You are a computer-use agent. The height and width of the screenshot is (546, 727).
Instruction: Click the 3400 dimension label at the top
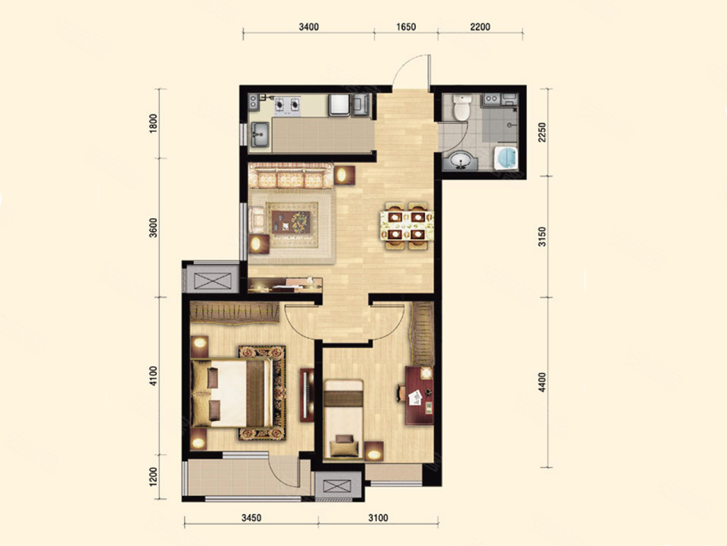[x=309, y=27]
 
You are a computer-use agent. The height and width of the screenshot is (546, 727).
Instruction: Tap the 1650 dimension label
[x=406, y=27]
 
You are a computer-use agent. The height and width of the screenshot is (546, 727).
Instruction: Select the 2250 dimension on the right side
[x=542, y=132]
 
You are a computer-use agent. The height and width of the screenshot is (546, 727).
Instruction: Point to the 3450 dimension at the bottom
[x=251, y=518]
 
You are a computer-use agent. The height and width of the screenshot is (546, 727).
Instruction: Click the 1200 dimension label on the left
[x=154, y=477]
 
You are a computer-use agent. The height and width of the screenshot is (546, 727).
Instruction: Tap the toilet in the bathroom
[x=461, y=108]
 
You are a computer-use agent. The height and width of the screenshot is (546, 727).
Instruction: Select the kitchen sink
[x=260, y=135]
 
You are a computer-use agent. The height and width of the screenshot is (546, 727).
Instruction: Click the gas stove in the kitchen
[x=288, y=105]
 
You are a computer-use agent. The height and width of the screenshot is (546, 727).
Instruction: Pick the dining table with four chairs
[x=407, y=226]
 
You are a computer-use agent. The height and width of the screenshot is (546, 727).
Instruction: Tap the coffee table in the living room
[x=291, y=222]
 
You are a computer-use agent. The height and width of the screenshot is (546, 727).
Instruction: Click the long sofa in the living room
[x=291, y=175]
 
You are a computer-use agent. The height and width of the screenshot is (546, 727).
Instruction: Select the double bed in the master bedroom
[x=232, y=393]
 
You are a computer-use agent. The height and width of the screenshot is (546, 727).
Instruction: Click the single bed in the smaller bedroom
[x=343, y=419]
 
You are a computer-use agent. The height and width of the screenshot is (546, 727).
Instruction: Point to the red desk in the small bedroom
[x=419, y=395]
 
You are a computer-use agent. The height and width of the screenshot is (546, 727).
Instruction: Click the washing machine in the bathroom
[x=505, y=158]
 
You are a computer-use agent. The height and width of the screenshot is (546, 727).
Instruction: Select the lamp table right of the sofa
[x=345, y=175]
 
